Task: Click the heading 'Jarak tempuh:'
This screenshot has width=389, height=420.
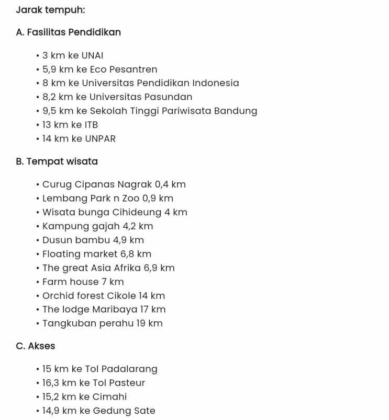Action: tap(50, 10)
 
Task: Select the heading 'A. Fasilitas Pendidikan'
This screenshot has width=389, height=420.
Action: tap(68, 32)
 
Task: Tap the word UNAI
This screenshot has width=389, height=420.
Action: tap(92, 55)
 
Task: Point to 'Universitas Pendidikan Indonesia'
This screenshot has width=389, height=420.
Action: tap(160, 83)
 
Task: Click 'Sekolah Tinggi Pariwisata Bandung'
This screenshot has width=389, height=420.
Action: tap(173, 111)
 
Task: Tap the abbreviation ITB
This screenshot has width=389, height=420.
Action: tap(91, 125)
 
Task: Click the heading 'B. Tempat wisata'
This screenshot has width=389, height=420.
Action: tap(57, 161)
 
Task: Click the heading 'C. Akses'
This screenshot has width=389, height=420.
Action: tap(35, 346)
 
